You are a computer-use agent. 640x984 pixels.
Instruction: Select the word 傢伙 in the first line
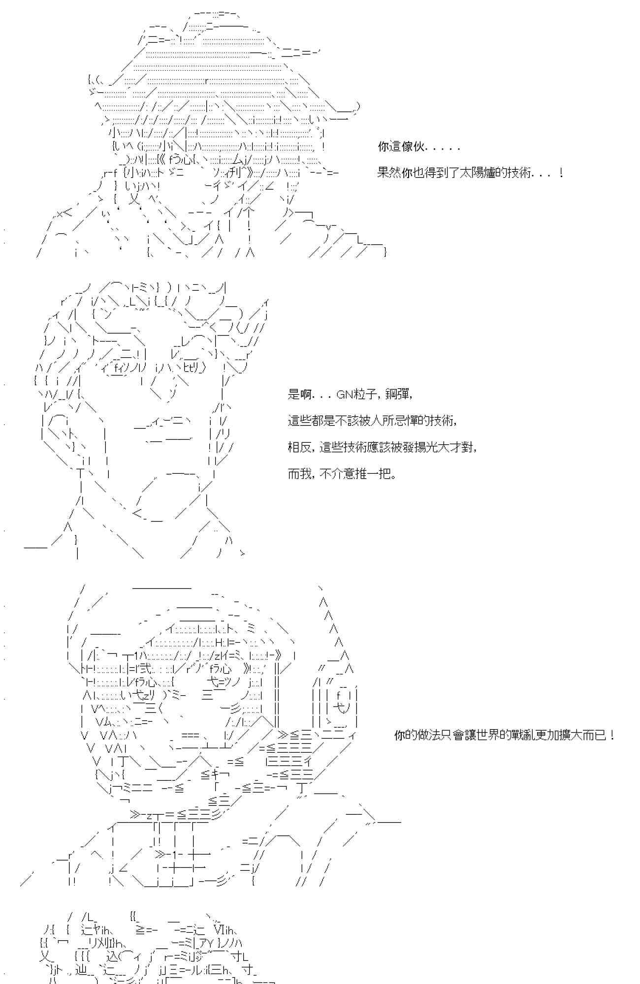(x=413, y=146)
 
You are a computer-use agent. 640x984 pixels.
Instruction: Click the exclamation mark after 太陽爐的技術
(x=561, y=173)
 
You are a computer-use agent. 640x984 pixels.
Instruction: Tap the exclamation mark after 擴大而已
(x=611, y=736)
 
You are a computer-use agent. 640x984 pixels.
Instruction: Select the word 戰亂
(x=512, y=736)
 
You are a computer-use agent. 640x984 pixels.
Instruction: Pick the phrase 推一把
(x=380, y=474)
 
